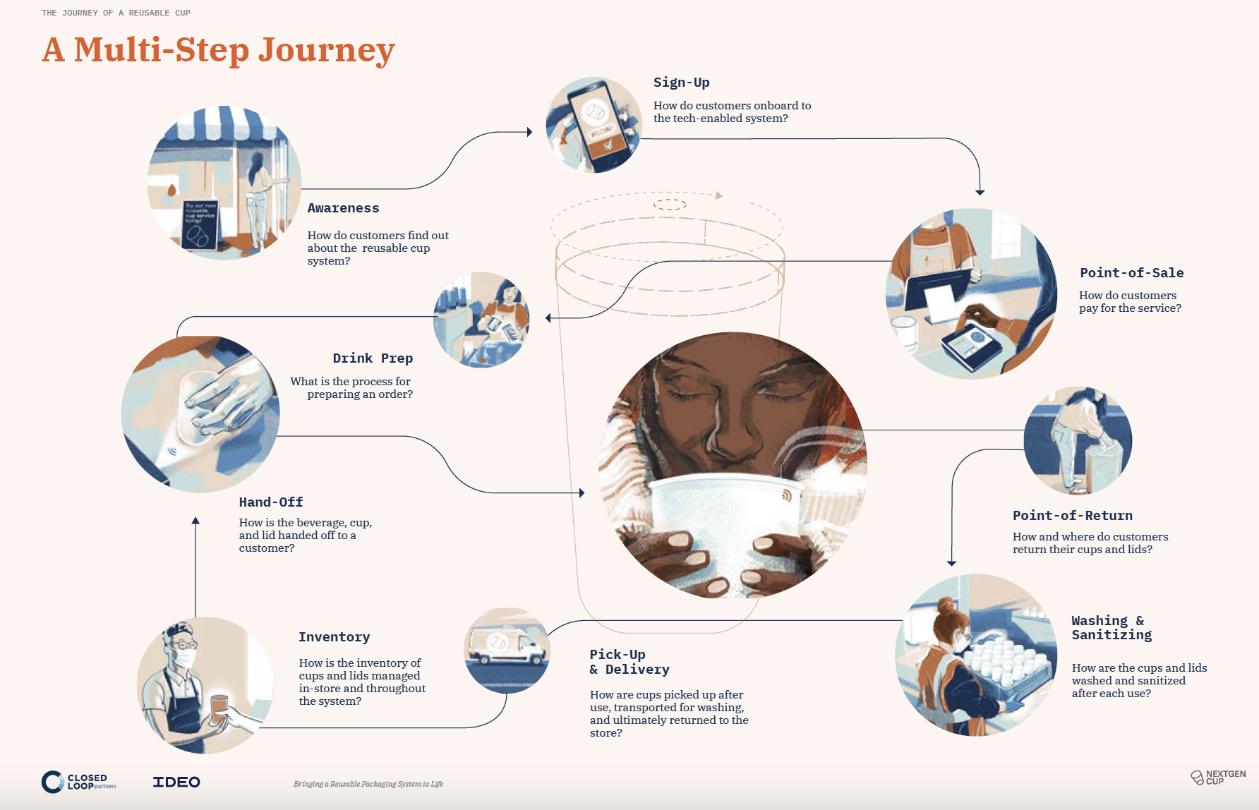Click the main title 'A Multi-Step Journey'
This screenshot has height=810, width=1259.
[218, 50]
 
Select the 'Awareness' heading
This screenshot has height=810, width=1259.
[343, 208]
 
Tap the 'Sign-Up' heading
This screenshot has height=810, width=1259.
[681, 83]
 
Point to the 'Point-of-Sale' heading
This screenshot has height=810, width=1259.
[1131, 273]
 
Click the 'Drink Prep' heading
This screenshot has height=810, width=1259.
[373, 358]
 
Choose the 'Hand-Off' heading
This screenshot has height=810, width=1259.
[271, 502]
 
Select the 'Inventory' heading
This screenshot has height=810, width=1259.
[334, 637]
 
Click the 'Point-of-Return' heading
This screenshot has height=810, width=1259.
[1072, 516]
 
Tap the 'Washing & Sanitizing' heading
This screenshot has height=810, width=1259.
[1111, 628]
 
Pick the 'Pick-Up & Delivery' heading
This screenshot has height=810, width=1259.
[629, 662]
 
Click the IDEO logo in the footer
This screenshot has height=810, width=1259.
[176, 782]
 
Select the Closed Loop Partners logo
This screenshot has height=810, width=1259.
[78, 782]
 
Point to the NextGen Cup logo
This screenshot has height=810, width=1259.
[1218, 777]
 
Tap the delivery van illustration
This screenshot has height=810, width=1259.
[507, 648]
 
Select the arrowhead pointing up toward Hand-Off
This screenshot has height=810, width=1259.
[195, 521]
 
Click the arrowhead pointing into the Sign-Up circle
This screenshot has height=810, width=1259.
[529, 132]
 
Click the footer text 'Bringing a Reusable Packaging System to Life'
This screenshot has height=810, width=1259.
[368, 784]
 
